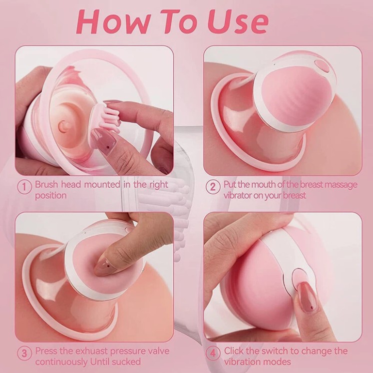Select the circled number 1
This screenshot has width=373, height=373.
24,187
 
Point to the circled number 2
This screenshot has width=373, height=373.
213,187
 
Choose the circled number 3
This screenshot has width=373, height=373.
24,353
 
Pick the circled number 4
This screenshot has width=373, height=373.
213,353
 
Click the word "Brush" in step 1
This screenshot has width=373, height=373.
46,184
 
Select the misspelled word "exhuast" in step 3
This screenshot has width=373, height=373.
92,351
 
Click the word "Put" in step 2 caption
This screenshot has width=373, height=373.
230,185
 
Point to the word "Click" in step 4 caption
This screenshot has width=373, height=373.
234,351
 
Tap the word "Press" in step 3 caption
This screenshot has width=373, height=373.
46,351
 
